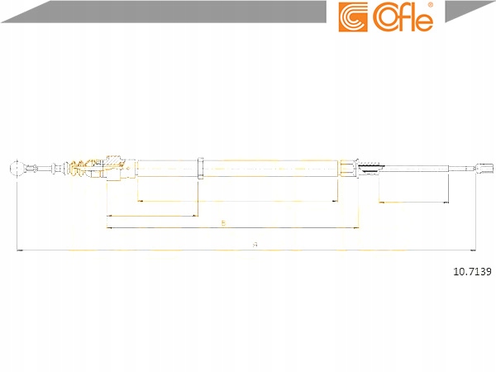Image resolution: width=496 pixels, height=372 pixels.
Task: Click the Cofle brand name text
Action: (x=403, y=18)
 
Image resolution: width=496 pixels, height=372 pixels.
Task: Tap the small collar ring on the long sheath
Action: (x=201, y=168)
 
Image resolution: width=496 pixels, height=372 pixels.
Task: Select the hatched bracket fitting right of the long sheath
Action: (x=368, y=168)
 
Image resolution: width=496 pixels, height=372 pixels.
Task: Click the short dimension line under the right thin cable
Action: (x=413, y=203)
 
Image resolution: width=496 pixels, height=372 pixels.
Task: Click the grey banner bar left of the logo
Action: (x=165, y=10)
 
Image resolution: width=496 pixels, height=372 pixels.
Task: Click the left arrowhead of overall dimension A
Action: (x=20, y=249)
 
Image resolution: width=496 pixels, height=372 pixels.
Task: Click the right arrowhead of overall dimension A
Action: (x=472, y=249)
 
